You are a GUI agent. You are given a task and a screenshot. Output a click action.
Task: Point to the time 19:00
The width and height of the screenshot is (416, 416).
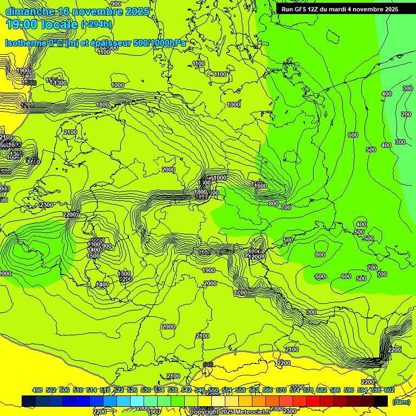tap(22, 24)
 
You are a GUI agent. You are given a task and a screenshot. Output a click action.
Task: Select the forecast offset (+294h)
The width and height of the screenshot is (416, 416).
tap(96, 24)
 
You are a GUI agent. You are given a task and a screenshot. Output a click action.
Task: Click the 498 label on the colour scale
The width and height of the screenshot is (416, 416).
tap(37, 390)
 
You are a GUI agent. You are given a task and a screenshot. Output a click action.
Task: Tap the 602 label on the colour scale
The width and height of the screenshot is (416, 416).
tap(389, 390)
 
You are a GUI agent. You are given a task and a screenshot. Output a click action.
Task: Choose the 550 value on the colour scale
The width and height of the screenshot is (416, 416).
tap(213, 390)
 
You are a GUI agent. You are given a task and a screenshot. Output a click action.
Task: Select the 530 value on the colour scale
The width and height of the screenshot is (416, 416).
tap(146, 390)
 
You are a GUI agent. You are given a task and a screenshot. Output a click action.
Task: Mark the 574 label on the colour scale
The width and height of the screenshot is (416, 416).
tap(295, 390)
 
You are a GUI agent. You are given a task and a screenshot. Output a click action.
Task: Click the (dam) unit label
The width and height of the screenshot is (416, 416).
tap(401, 401)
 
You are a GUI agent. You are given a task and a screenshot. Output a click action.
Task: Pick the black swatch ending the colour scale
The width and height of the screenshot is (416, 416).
tap(381, 401)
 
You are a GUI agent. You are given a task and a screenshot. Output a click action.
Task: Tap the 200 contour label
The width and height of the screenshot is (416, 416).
tap(406, 114)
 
